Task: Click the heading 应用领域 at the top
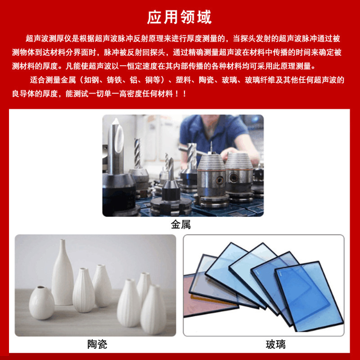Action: point(180,17)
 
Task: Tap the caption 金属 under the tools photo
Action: point(180,225)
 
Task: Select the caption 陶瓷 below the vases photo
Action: point(97,345)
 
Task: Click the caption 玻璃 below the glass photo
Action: point(275,345)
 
